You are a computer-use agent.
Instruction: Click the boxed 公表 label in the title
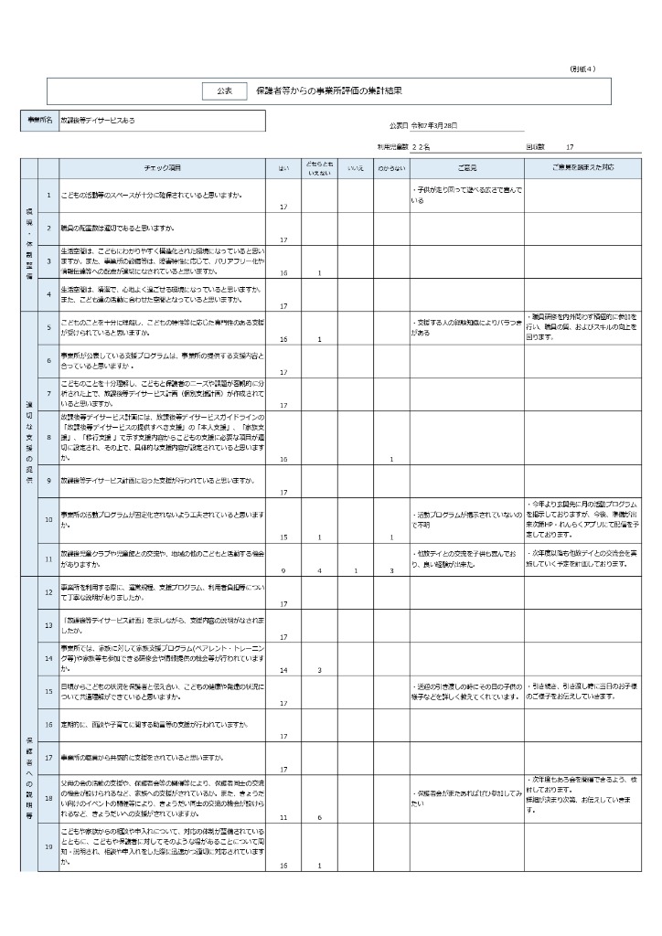tap(225, 90)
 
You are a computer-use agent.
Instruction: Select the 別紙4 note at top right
tap(582, 69)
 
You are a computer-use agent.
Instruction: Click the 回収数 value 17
tap(570, 146)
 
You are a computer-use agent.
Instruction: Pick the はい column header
tap(283, 168)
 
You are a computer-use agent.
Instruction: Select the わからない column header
tap(390, 168)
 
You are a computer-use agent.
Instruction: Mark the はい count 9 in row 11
tap(283, 570)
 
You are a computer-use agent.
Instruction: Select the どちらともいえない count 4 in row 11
tap(319, 570)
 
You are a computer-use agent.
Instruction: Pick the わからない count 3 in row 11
tap(390, 570)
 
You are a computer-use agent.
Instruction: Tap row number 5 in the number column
tap(48, 326)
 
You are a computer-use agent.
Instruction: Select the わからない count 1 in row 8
tap(390, 459)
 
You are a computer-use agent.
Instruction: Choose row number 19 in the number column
tap(48, 846)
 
